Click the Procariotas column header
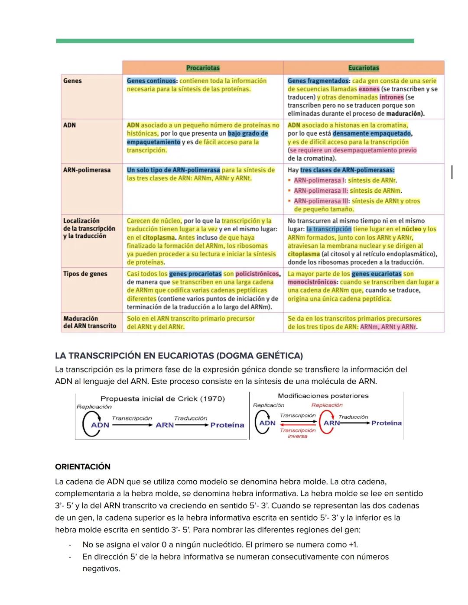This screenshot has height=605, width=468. click(x=203, y=68)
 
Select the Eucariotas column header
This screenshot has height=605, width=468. click(x=364, y=68)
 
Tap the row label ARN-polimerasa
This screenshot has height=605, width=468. click(x=87, y=170)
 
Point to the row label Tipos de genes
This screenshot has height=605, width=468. click(x=85, y=274)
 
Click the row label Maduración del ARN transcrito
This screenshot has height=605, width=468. click(x=89, y=322)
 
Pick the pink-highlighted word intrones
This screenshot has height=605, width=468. click(x=391, y=97)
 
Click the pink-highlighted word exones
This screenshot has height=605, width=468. click(x=369, y=89)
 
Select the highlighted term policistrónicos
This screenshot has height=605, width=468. click(x=257, y=274)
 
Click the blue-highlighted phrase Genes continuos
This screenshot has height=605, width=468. click(x=152, y=81)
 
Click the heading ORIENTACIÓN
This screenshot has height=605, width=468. click(x=83, y=467)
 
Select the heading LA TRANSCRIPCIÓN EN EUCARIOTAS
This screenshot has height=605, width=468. click(x=179, y=356)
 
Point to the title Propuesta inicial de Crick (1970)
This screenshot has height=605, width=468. click(x=162, y=399)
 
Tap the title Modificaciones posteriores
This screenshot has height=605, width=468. click(x=323, y=396)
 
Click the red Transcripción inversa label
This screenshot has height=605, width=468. click(x=298, y=433)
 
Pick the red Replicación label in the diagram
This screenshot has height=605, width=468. click(x=327, y=405)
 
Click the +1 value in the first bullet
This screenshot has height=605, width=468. click(x=353, y=545)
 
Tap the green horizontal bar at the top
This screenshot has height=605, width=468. click(x=235, y=41)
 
